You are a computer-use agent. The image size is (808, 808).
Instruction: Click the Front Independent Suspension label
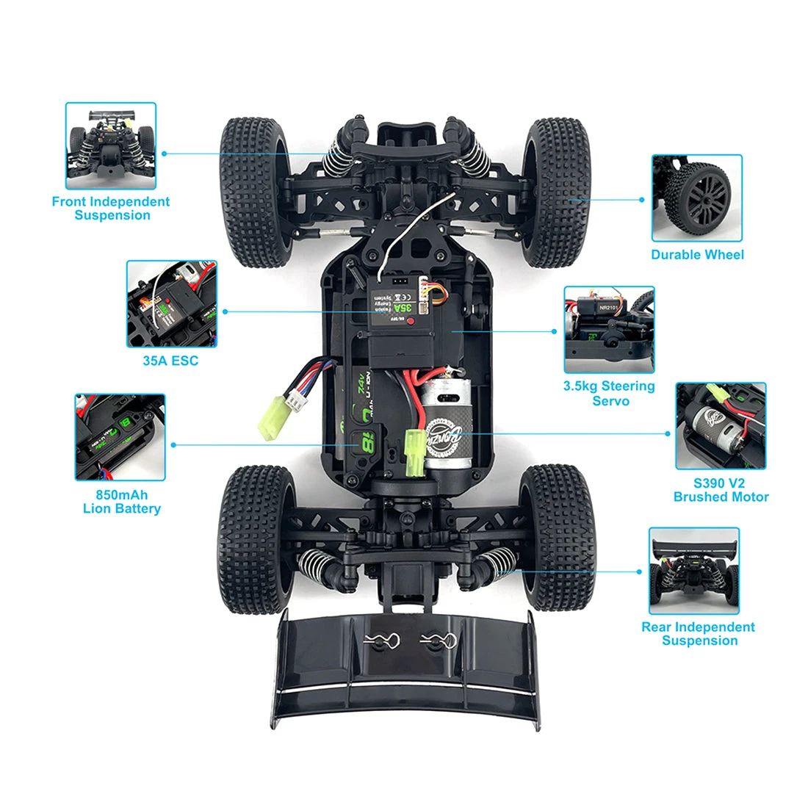click(x=111, y=209)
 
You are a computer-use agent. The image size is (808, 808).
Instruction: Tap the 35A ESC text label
click(x=170, y=361)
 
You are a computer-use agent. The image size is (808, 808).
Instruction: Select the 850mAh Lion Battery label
click(x=121, y=502)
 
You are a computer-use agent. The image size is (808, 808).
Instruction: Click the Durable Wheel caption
click(x=697, y=255)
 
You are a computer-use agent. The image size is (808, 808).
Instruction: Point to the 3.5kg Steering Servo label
click(x=609, y=394)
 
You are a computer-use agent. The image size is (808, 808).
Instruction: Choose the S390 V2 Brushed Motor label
click(x=721, y=490)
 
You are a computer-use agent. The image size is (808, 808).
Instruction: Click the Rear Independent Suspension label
click(x=698, y=633)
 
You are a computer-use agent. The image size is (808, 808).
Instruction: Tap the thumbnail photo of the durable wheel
click(x=697, y=198)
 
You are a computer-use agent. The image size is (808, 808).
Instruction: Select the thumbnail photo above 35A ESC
click(x=172, y=303)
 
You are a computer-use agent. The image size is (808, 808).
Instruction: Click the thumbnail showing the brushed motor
click(x=721, y=426)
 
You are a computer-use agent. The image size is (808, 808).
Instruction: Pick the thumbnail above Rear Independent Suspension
click(x=694, y=571)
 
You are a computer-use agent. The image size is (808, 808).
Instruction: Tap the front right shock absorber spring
click(x=472, y=156)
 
